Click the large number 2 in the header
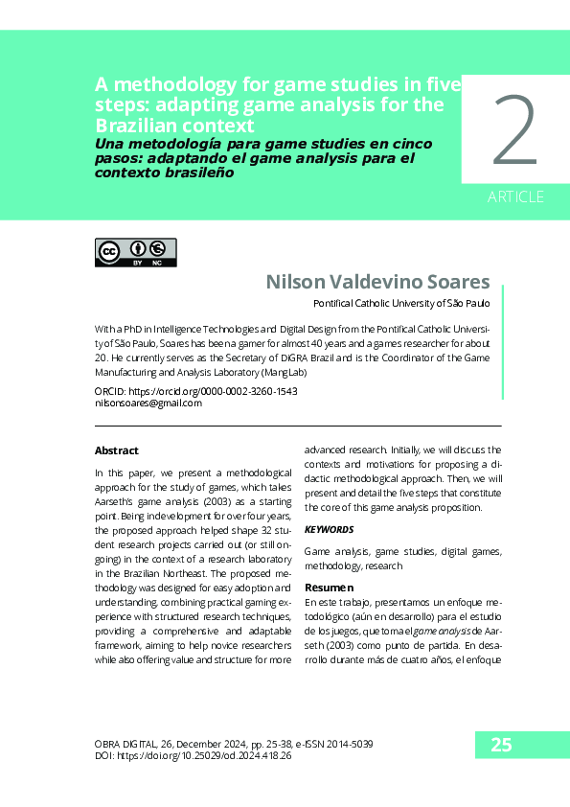tap(514, 133)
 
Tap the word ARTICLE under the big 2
tap(515, 197)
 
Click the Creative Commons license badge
tap(135, 252)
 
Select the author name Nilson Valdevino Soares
tap(377, 282)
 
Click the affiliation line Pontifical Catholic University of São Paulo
tap(401, 304)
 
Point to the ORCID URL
tap(212, 392)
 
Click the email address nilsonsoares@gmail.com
tap(148, 403)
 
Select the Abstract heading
tap(116, 450)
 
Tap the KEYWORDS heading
tap(329, 529)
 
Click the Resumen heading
tap(329, 587)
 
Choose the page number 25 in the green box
tap(502, 745)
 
